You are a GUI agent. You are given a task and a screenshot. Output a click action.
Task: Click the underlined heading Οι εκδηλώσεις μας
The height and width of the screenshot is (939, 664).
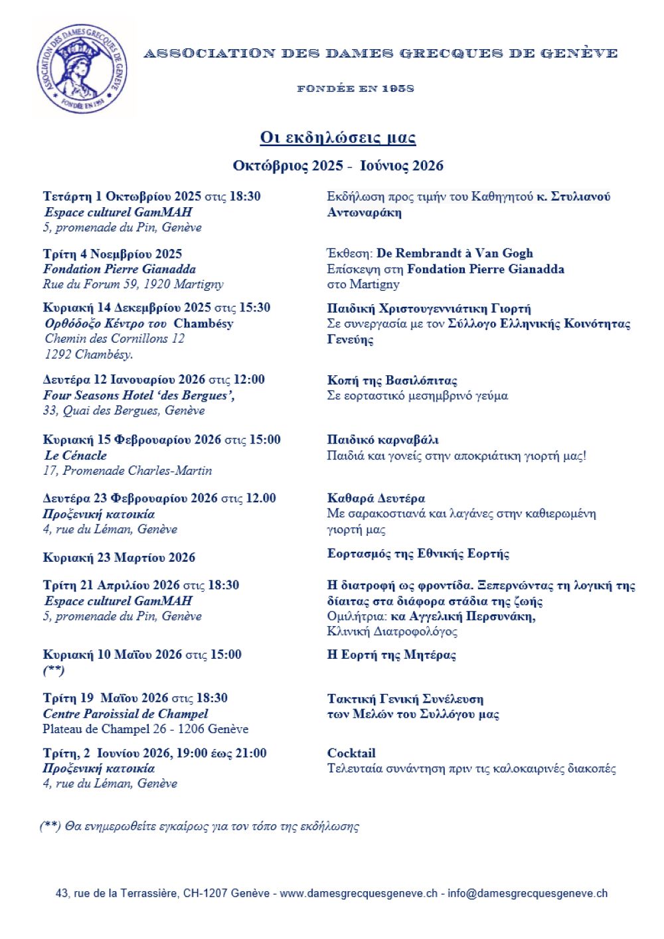(337, 137)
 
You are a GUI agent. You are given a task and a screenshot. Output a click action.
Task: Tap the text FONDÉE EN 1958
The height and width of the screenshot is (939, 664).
(355, 88)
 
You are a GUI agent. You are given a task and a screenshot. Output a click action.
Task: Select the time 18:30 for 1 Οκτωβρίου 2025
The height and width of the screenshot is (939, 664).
(243, 197)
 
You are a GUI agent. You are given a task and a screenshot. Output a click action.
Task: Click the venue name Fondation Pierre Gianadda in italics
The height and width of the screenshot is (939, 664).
(120, 269)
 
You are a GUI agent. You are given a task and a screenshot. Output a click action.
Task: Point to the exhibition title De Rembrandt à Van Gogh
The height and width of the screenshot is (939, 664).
(454, 253)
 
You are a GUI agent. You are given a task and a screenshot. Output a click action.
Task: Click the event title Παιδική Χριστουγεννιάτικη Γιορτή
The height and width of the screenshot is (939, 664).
(429, 308)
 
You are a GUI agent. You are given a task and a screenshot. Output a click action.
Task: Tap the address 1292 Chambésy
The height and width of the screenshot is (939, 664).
(89, 354)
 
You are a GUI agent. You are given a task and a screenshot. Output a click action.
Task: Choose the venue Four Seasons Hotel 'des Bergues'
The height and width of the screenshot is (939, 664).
(139, 395)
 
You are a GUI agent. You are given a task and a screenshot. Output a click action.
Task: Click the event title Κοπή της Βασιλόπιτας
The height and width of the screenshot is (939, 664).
(392, 381)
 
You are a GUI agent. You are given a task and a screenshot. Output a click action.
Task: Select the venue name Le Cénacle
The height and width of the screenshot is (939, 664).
(76, 456)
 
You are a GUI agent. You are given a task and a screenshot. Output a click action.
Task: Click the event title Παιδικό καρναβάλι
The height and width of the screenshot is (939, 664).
(383, 440)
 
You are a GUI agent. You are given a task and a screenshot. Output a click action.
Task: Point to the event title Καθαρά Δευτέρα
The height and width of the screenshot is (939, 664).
(376, 498)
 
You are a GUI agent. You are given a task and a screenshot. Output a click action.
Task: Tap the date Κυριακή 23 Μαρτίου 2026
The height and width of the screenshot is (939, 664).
(120, 558)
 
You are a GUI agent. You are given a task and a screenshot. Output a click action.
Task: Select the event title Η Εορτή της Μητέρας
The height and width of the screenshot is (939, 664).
(391, 655)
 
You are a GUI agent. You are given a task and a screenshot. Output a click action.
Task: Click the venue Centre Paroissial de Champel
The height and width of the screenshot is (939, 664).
(125, 714)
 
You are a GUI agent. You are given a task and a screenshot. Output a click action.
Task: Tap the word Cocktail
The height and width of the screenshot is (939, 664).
(351, 753)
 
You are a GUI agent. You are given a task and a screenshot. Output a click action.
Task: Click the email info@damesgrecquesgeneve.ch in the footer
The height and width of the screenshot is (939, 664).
(527, 894)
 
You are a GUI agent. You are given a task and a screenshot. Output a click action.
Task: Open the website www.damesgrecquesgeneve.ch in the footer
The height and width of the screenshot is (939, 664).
(359, 894)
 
